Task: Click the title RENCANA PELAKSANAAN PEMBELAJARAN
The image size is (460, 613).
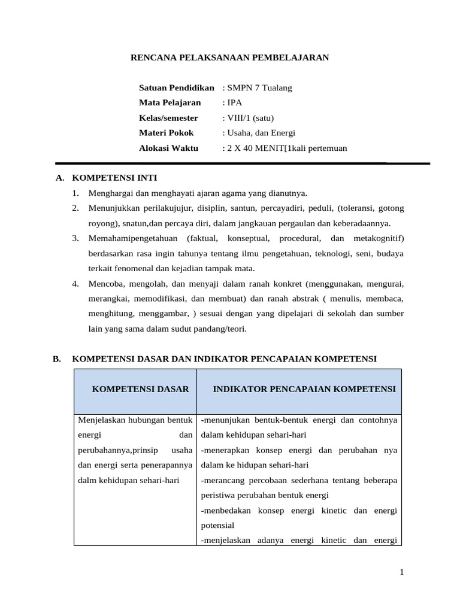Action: pyautogui.click(x=230, y=57)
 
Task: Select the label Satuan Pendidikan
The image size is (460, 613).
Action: pyautogui.click(x=176, y=88)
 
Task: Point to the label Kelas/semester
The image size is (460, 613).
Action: pyautogui.click(x=168, y=117)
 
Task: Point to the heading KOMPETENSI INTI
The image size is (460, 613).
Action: pyautogui.click(x=114, y=178)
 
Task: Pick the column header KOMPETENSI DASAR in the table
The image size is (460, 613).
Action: pyautogui.click(x=140, y=389)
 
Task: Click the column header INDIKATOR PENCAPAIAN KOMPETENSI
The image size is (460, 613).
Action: pyautogui.click(x=304, y=389)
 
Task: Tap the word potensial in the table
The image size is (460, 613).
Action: pyautogui.click(x=218, y=524)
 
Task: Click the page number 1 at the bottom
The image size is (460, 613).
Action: pyautogui.click(x=402, y=573)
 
